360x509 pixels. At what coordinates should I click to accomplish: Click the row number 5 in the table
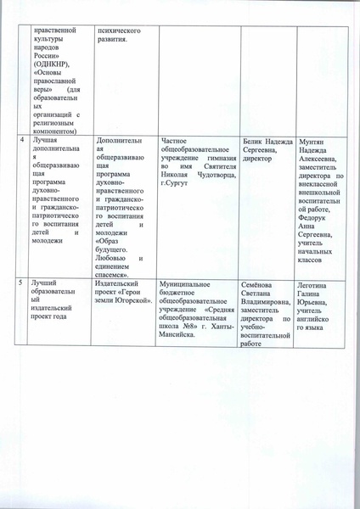(22, 280)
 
